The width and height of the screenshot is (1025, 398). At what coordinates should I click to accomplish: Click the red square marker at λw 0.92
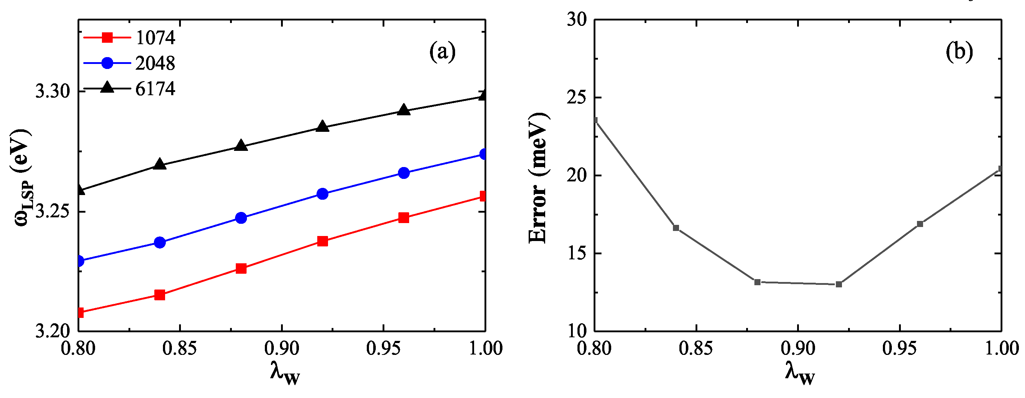click(323, 241)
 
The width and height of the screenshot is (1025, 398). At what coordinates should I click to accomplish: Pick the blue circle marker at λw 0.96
click(404, 173)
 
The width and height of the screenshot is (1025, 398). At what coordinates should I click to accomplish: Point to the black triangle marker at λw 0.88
click(241, 146)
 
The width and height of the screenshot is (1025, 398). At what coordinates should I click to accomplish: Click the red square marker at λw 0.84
click(160, 295)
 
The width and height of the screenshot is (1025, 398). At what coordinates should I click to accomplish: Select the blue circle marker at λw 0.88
click(241, 218)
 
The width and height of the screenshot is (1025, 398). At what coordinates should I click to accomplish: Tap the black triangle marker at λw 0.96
click(404, 110)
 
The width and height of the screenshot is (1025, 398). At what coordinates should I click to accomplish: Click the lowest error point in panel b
click(839, 284)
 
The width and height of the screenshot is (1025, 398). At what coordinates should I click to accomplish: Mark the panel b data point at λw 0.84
click(676, 228)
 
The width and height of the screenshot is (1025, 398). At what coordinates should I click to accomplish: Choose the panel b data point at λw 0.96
click(920, 224)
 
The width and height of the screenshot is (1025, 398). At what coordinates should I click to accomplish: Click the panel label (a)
click(442, 52)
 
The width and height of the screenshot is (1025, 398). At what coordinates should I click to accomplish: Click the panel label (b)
click(959, 52)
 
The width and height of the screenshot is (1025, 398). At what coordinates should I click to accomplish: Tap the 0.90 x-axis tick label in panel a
click(282, 348)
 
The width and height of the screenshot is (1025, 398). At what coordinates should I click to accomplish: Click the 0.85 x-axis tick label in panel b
click(696, 348)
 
